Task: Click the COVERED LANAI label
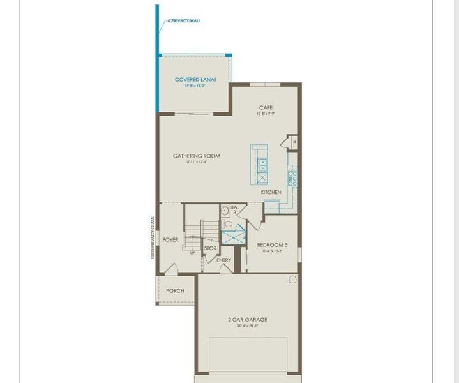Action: pyautogui.click(x=195, y=80)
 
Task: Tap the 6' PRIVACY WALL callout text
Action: pyautogui.click(x=184, y=20)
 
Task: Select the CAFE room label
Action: pyautogui.click(x=266, y=108)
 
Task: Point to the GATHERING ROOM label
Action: pyautogui.click(x=197, y=156)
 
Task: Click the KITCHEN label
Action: pyautogui.click(x=271, y=192)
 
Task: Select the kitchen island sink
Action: pyautogui.click(x=262, y=165)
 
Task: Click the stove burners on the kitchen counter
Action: pyautogui.click(x=292, y=177)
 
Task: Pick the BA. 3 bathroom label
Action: pyautogui.click(x=234, y=209)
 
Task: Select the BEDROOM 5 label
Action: pyautogui.click(x=273, y=244)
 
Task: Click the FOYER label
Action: pyautogui.click(x=170, y=240)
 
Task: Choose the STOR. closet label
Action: pyautogui.click(x=211, y=248)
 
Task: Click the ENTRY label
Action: pyautogui.click(x=223, y=260)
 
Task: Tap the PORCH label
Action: pyautogui.click(x=175, y=290)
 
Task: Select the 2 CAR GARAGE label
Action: pyautogui.click(x=248, y=320)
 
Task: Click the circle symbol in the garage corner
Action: pyautogui.click(x=292, y=280)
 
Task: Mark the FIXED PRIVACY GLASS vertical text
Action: pyautogui.click(x=153, y=237)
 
